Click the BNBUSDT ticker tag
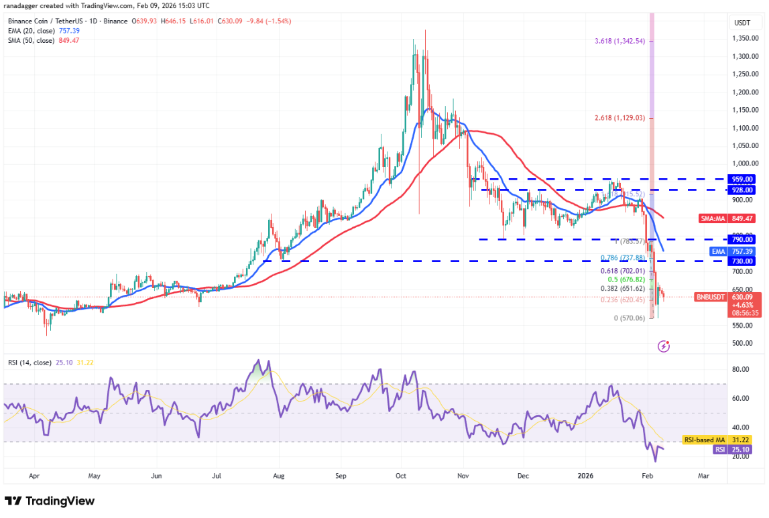pyautogui.click(x=709, y=297)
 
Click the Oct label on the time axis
pyautogui.click(x=400, y=476)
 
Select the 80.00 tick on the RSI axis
pyautogui.click(x=740, y=369)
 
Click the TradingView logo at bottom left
pyautogui.click(x=50, y=501)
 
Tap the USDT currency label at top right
pyautogui.click(x=742, y=22)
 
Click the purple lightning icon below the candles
pyautogui.click(x=664, y=346)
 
